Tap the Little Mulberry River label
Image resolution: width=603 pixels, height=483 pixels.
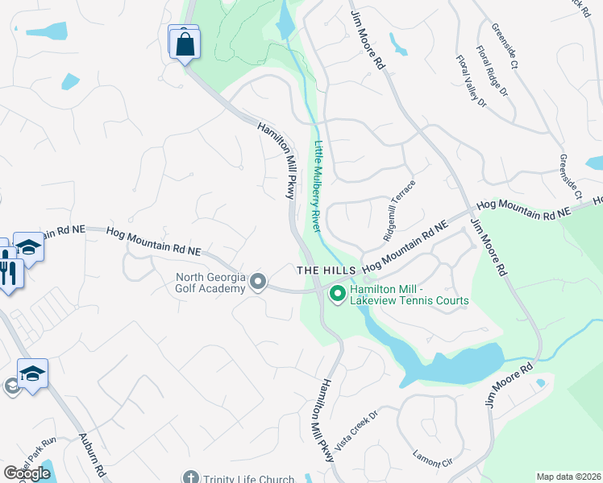317,191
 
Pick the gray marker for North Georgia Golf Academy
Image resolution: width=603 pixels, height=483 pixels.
258,282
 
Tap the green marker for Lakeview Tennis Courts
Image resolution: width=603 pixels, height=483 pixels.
337,294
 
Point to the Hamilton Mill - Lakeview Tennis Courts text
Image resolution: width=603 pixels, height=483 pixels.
410,294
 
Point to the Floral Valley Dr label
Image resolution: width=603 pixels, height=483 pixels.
472,81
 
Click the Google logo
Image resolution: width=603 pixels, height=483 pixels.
27,473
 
